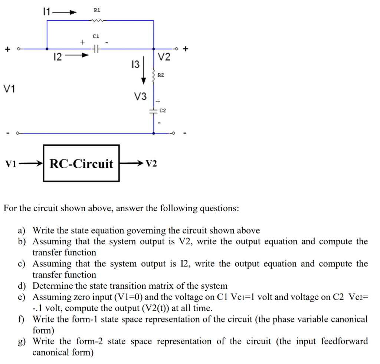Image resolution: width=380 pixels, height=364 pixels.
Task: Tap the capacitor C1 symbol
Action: tap(96, 48)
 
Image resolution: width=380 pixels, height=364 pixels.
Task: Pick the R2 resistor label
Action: tap(161, 75)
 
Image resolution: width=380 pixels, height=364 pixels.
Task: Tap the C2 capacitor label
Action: tap(163, 110)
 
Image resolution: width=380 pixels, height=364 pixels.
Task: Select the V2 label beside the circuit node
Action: tap(164, 57)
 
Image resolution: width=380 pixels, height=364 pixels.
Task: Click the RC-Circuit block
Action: tap(81, 163)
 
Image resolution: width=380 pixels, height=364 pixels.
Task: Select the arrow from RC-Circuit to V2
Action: tap(132, 163)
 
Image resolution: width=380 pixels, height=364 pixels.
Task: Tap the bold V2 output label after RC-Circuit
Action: tap(151, 163)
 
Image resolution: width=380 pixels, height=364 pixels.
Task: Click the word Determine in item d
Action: tap(50, 286)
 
